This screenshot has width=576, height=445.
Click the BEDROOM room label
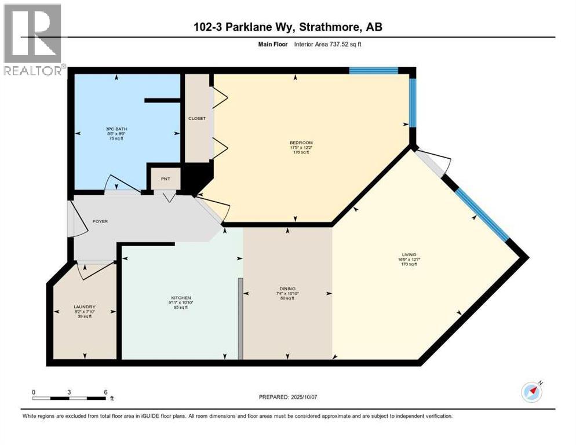point(301,143)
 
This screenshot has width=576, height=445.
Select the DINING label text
point(287,289)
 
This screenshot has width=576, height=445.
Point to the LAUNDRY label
point(84,307)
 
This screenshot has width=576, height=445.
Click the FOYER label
point(100,221)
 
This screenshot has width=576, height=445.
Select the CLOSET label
point(197,118)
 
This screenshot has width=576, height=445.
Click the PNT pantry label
point(165,178)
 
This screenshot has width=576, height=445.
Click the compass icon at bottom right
point(531,392)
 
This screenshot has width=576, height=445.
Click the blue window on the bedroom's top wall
point(373,71)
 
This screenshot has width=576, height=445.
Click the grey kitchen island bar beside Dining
point(240,319)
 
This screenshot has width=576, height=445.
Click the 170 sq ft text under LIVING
point(409,264)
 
